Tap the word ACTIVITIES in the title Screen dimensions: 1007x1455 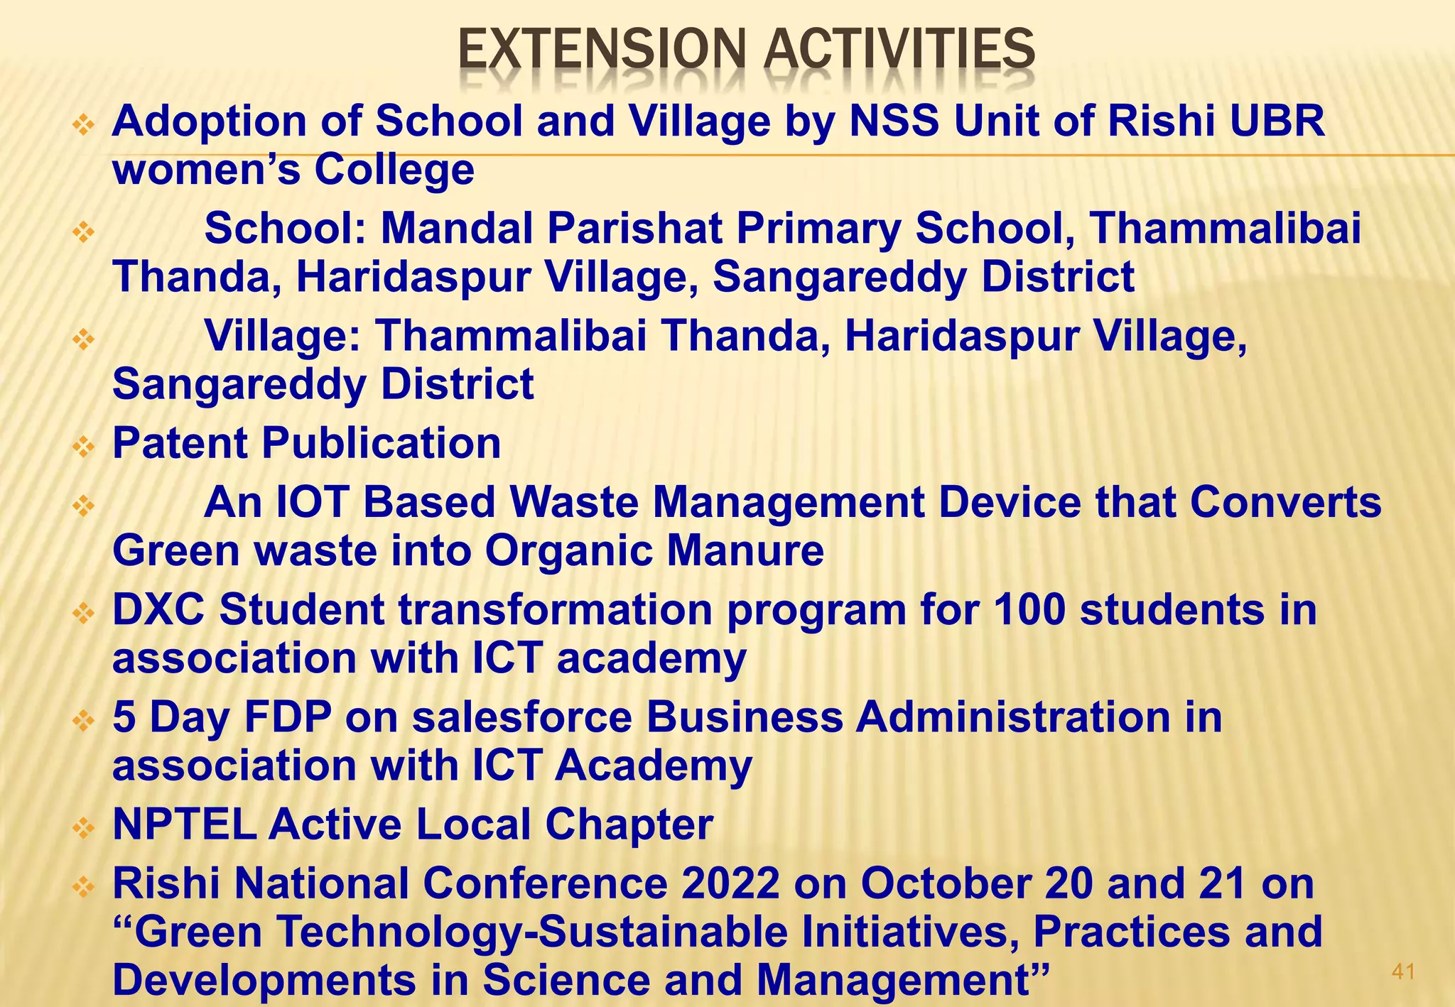click(x=899, y=51)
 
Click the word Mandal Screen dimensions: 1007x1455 click(x=457, y=228)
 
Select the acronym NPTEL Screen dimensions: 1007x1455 click(x=184, y=824)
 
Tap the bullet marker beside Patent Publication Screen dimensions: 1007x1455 click(x=84, y=447)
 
